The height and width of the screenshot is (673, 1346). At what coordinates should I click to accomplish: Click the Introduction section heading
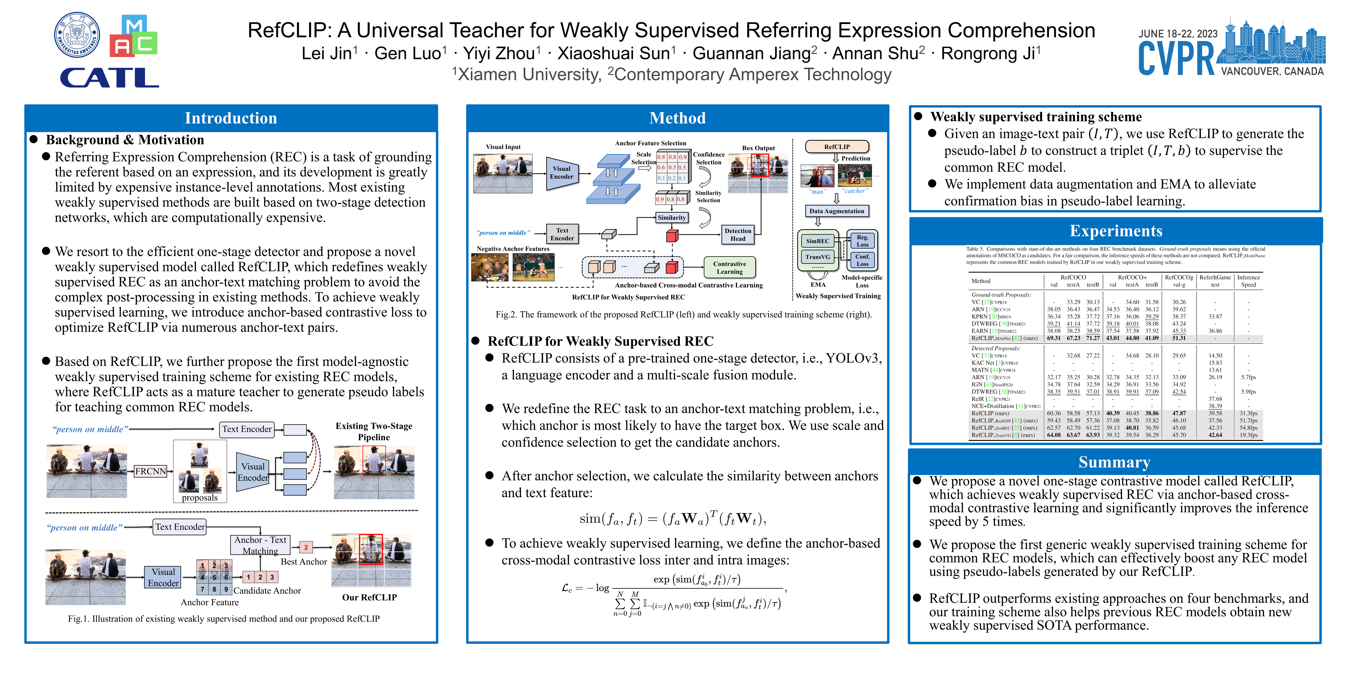pos(231,118)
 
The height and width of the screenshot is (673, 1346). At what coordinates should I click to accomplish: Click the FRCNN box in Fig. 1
pos(150,471)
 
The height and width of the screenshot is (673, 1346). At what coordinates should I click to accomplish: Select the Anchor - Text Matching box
pos(260,545)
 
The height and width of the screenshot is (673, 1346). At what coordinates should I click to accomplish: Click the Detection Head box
pos(738,234)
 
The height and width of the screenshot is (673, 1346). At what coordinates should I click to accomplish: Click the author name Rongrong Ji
pos(990,53)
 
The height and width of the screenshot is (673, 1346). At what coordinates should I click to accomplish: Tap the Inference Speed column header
pos(1248,281)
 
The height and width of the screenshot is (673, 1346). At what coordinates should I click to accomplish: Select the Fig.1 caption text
pos(224,619)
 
